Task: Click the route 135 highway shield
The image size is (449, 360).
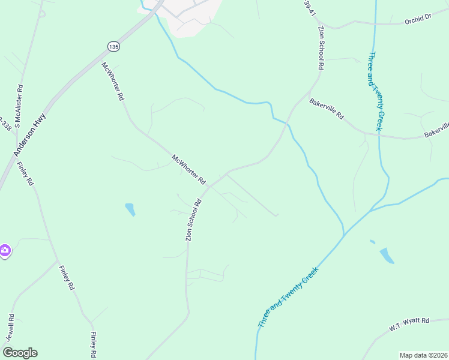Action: pyautogui.click(x=113, y=46)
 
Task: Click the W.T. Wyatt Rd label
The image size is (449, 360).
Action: pyautogui.click(x=408, y=325)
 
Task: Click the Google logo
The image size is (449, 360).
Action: pyautogui.click(x=20, y=353)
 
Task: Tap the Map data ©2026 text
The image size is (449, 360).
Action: pyautogui.click(x=424, y=355)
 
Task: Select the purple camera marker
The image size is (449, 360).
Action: pyautogui.click(x=5, y=250)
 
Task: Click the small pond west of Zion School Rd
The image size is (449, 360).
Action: pyautogui.click(x=130, y=209)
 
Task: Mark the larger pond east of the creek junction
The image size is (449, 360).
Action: pyautogui.click(x=387, y=255)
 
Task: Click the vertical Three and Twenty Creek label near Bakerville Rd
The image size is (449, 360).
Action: pyautogui.click(x=375, y=92)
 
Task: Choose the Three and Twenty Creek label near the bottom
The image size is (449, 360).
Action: pyautogui.click(x=286, y=298)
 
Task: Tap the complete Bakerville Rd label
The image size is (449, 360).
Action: pyautogui.click(x=327, y=109)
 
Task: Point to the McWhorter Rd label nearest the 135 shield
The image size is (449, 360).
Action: pyautogui.click(x=112, y=81)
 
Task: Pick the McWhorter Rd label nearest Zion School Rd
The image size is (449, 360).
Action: pyautogui.click(x=188, y=169)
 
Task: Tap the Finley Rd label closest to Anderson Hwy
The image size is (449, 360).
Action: pyautogui.click(x=26, y=174)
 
